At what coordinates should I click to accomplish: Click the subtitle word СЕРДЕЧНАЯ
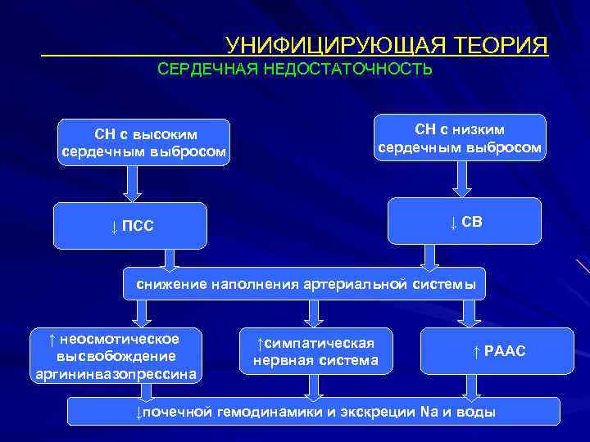pos(208,69)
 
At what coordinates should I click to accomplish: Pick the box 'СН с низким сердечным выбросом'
pos(460,138)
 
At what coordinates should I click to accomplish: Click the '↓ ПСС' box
pos(133,226)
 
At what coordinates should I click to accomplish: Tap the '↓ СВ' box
pos(465,221)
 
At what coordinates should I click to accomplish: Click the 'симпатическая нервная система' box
pos(315,351)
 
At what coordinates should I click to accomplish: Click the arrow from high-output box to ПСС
pos(132,183)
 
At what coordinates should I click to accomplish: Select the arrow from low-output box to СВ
pos(464,180)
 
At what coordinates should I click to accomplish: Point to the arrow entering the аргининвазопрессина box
pos(141,313)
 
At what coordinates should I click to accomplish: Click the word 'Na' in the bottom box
pos(429,411)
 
